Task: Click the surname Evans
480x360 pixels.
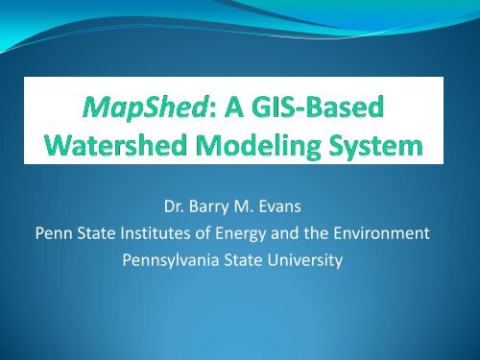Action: tap(290, 209)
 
